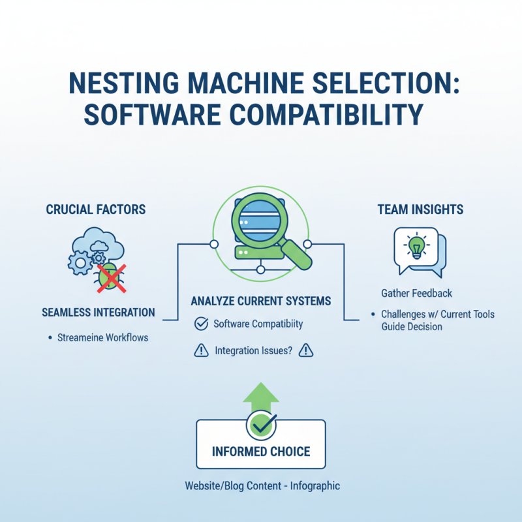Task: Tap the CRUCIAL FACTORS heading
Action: click(96, 209)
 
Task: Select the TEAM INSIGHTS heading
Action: click(420, 209)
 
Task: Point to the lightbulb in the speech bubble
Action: click(415, 248)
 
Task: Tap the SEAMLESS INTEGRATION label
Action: click(99, 313)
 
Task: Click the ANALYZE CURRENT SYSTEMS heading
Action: click(260, 301)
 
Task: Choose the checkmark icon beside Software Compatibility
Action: click(202, 324)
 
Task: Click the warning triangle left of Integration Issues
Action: click(202, 351)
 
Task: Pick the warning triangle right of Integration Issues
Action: click(306, 351)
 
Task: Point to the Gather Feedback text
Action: click(416, 294)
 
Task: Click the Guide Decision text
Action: click(412, 326)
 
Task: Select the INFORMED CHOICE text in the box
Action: click(261, 452)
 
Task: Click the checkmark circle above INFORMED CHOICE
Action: click(260, 424)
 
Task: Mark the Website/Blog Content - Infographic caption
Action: click(262, 486)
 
